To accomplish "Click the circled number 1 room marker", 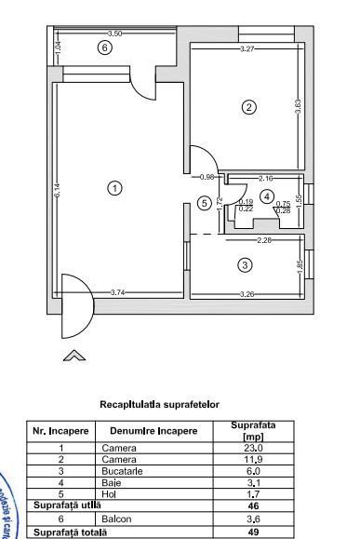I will (114, 188).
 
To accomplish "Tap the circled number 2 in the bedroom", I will (248, 107).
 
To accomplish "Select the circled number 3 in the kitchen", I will (245, 264).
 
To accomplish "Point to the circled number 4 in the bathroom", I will (267, 195).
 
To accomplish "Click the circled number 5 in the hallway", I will (205, 203).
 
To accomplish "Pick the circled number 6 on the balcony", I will (105, 47).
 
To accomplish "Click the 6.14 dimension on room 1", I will (57, 191).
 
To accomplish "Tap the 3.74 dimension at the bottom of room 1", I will (118, 293).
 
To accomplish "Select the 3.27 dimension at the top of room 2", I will (247, 48).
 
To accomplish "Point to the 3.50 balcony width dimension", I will (114, 34).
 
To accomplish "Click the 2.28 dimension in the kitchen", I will (263, 240).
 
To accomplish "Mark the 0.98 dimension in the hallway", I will (207, 177).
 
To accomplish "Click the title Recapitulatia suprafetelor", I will (159, 405).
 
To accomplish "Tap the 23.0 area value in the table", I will (251, 448).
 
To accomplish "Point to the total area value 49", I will (251, 532).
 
